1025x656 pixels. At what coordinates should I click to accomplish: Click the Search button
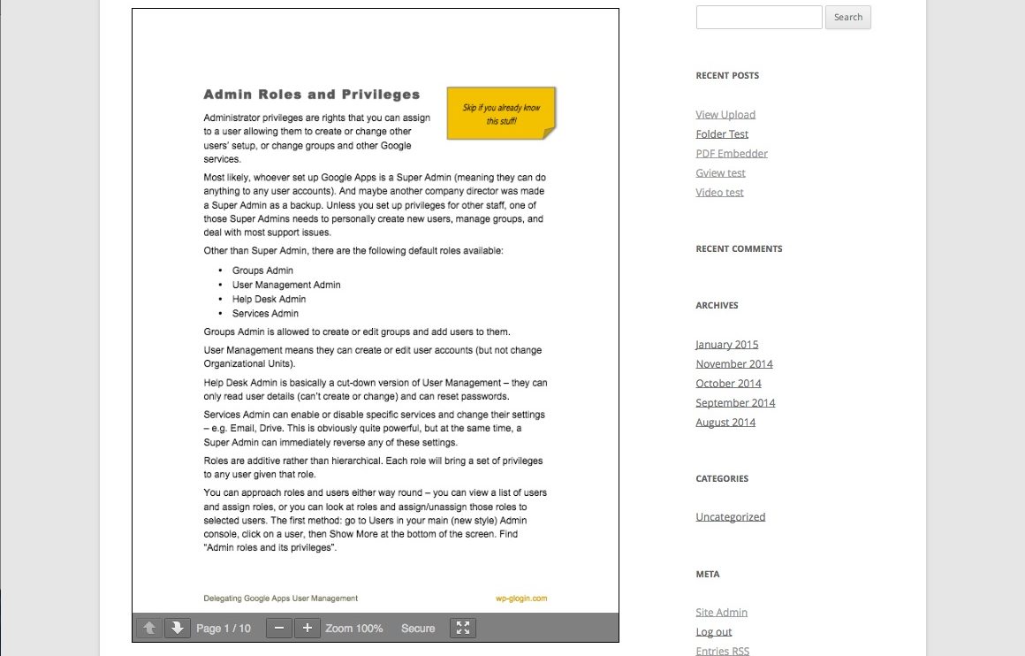pyautogui.click(x=847, y=17)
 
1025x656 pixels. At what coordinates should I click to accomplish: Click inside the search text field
pyautogui.click(x=759, y=17)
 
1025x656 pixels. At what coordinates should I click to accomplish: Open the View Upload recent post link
pyautogui.click(x=725, y=115)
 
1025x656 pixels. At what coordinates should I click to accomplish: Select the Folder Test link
pyautogui.click(x=722, y=134)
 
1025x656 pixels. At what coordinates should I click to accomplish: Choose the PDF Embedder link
pyautogui.click(x=732, y=154)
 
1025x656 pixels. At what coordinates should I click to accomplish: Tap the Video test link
pyautogui.click(x=719, y=193)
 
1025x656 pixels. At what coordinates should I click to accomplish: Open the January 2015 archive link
pyautogui.click(x=726, y=345)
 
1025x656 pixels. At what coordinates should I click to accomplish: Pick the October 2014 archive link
pyautogui.click(x=728, y=384)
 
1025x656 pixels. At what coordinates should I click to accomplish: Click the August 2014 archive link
pyautogui.click(x=725, y=423)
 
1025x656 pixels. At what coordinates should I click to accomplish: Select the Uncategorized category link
pyautogui.click(x=730, y=517)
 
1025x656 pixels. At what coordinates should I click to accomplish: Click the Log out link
pyautogui.click(x=713, y=632)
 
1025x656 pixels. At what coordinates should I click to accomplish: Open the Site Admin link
pyautogui.click(x=721, y=613)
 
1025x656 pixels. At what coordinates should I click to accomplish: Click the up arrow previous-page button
pyautogui.click(x=149, y=628)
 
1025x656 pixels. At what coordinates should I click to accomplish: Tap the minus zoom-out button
pyautogui.click(x=279, y=628)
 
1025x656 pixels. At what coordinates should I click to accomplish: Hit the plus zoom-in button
pyautogui.click(x=307, y=628)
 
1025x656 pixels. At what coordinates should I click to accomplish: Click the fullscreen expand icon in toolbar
pyautogui.click(x=463, y=628)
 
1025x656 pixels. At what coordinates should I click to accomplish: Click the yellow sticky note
pyautogui.click(x=501, y=113)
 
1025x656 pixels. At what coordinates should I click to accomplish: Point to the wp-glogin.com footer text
pyautogui.click(x=521, y=599)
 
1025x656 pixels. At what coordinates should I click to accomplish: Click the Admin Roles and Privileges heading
pyautogui.click(x=311, y=95)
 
